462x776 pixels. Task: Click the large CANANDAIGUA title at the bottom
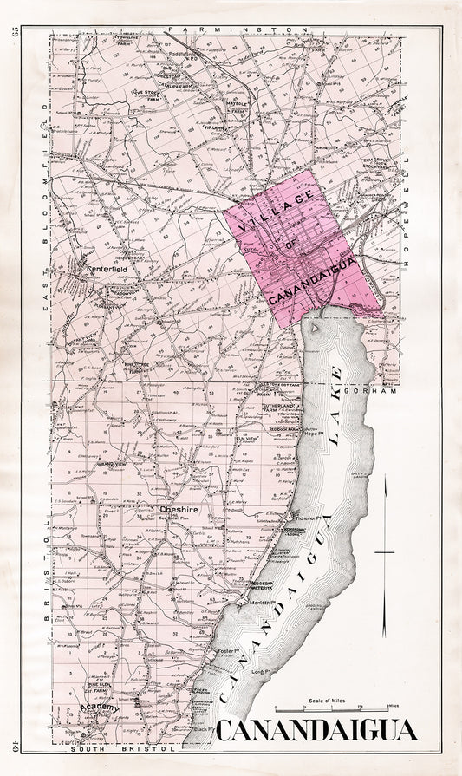point(316,732)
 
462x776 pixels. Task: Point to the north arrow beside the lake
point(384,555)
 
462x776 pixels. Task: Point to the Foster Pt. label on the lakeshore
point(229,650)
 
